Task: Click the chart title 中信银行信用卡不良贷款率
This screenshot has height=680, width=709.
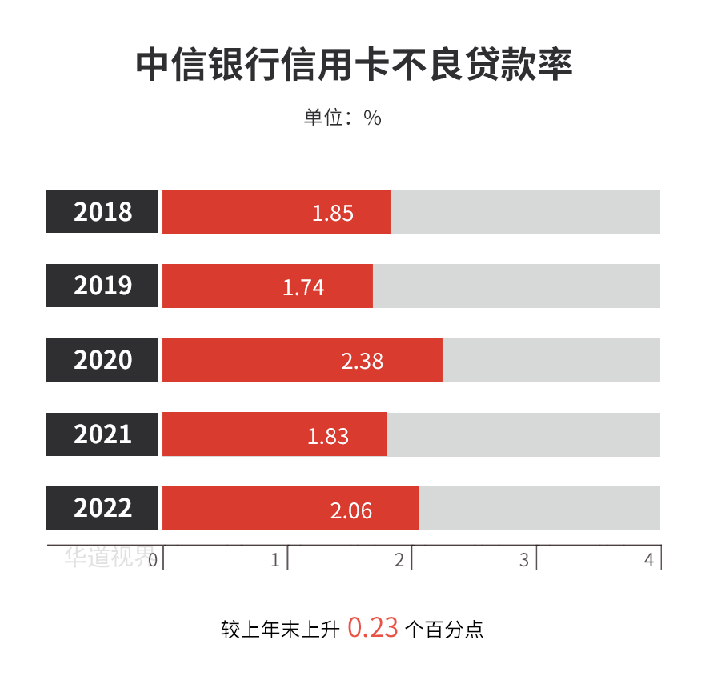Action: pyautogui.click(x=354, y=65)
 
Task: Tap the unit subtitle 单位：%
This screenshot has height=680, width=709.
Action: pyautogui.click(x=342, y=118)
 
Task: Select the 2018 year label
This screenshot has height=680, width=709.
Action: pyautogui.click(x=102, y=212)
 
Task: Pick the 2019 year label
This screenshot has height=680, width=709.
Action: pyautogui.click(x=102, y=286)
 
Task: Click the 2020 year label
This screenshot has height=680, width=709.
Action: pyautogui.click(x=102, y=360)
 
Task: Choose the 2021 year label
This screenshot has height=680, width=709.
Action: pyautogui.click(x=102, y=434)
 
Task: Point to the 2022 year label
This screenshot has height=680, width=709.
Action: pyautogui.click(x=102, y=508)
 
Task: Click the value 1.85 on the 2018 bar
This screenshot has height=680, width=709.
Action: pyautogui.click(x=333, y=213)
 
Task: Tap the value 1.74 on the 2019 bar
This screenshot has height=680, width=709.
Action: pyautogui.click(x=303, y=287)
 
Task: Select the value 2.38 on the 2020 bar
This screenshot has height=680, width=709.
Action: pyautogui.click(x=363, y=361)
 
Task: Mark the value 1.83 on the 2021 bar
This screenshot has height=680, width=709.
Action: pyautogui.click(x=328, y=435)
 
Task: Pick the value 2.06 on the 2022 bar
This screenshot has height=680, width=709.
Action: pyautogui.click(x=351, y=510)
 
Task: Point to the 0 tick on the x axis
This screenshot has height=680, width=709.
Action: pyautogui.click(x=153, y=560)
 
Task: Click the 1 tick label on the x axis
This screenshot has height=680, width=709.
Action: pyautogui.click(x=275, y=560)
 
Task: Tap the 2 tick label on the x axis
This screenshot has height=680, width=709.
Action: pyautogui.click(x=399, y=560)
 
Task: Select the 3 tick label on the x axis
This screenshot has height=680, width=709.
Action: pyautogui.click(x=524, y=560)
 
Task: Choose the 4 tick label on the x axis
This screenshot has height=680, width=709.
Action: pyautogui.click(x=649, y=560)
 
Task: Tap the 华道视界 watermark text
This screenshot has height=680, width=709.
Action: pyautogui.click(x=108, y=558)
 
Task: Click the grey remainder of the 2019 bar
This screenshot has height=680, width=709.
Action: pyautogui.click(x=516, y=286)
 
